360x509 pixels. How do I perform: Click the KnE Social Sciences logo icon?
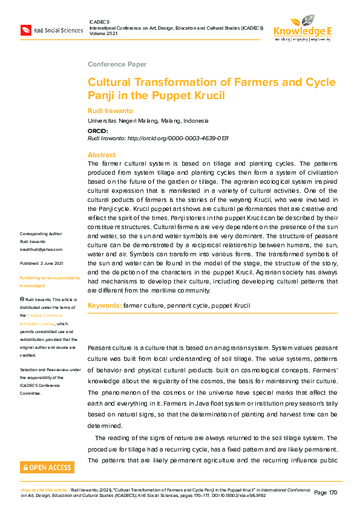tap(26, 29)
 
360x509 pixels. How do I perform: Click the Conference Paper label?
tap(117, 64)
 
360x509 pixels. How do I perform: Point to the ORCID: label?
tap(98, 131)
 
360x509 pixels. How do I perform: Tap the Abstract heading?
tap(101, 155)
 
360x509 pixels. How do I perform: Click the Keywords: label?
tap(105, 306)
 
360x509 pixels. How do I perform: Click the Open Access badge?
tap(47, 467)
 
